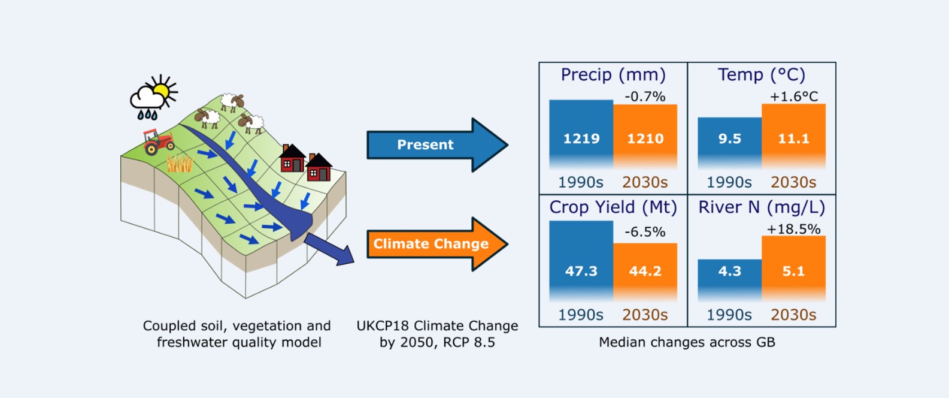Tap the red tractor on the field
157,141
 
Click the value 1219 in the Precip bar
581,138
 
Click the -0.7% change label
645,97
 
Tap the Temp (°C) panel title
761,75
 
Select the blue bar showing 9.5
729,141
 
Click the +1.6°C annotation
793,97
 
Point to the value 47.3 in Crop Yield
581,271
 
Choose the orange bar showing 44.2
645,271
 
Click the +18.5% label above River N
793,229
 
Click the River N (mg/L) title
761,207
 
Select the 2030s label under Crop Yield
645,315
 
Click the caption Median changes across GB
687,342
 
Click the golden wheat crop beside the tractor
179,163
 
